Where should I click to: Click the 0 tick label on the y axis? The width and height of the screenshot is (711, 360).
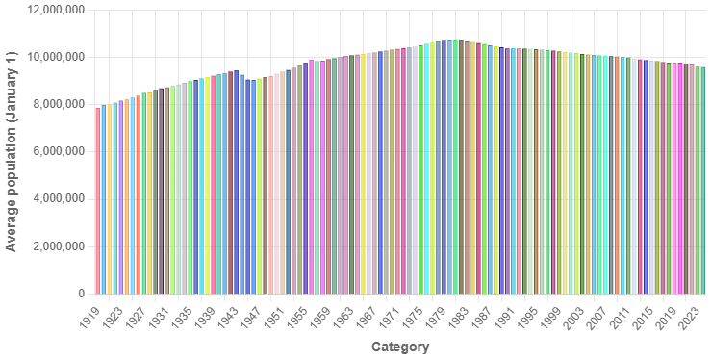point(81,294)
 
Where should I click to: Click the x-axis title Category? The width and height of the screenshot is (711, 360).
point(399,347)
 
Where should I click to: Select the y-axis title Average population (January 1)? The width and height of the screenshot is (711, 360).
point(12,151)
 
